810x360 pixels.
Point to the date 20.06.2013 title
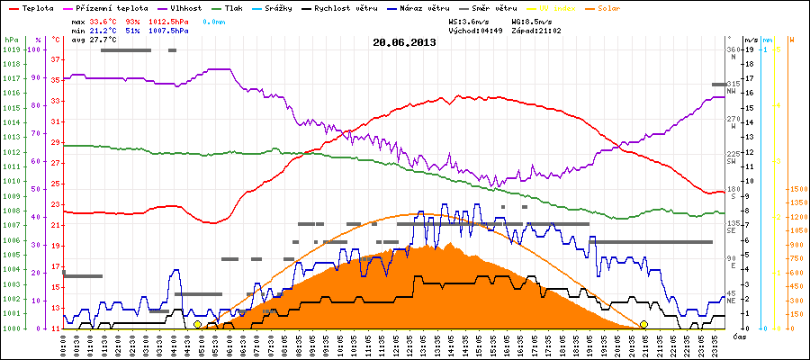pos(404,41)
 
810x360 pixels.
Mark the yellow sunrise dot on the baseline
pos(197,324)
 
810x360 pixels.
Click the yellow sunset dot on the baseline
pos(643,324)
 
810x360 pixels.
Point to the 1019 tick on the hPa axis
pos(11,50)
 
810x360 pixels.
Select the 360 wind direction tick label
pos(732,50)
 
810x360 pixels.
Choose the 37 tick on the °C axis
pos(56,60)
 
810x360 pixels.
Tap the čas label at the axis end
pos(737,337)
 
